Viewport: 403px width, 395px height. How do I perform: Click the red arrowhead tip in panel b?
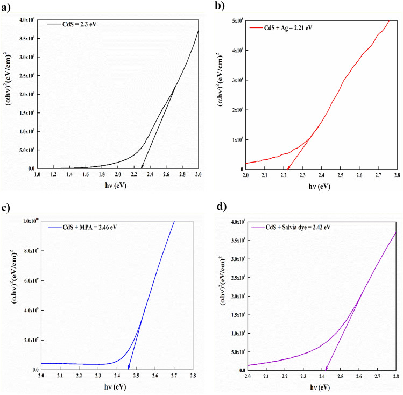click(287, 168)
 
